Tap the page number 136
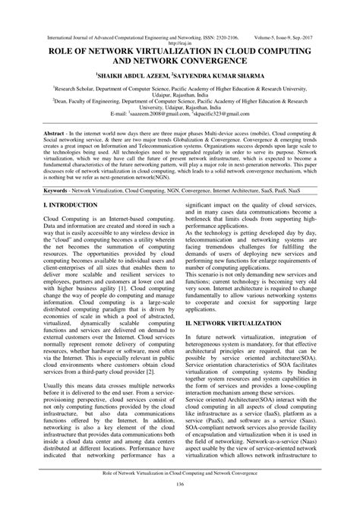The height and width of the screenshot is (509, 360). (180, 485)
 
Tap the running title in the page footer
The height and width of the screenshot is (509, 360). (180, 473)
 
